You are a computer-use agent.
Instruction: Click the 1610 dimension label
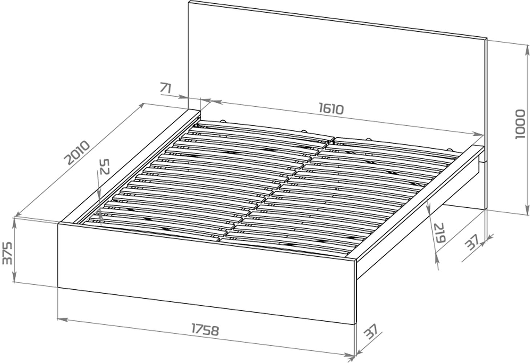tap(331, 109)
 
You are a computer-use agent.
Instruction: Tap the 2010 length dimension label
tap(77, 152)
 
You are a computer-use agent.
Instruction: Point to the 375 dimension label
tap(7, 253)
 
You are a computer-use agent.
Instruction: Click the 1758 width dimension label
tap(205, 330)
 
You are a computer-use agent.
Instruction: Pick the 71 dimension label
tap(166, 87)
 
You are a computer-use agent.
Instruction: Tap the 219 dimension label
tap(440, 233)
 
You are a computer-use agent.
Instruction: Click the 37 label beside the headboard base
tap(472, 242)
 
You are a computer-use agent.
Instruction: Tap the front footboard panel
tap(207, 273)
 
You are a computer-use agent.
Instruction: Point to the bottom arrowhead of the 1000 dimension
tap(527, 210)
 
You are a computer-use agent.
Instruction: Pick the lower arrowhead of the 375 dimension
tap(15, 277)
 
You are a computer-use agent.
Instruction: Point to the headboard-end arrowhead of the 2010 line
tap(141, 106)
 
